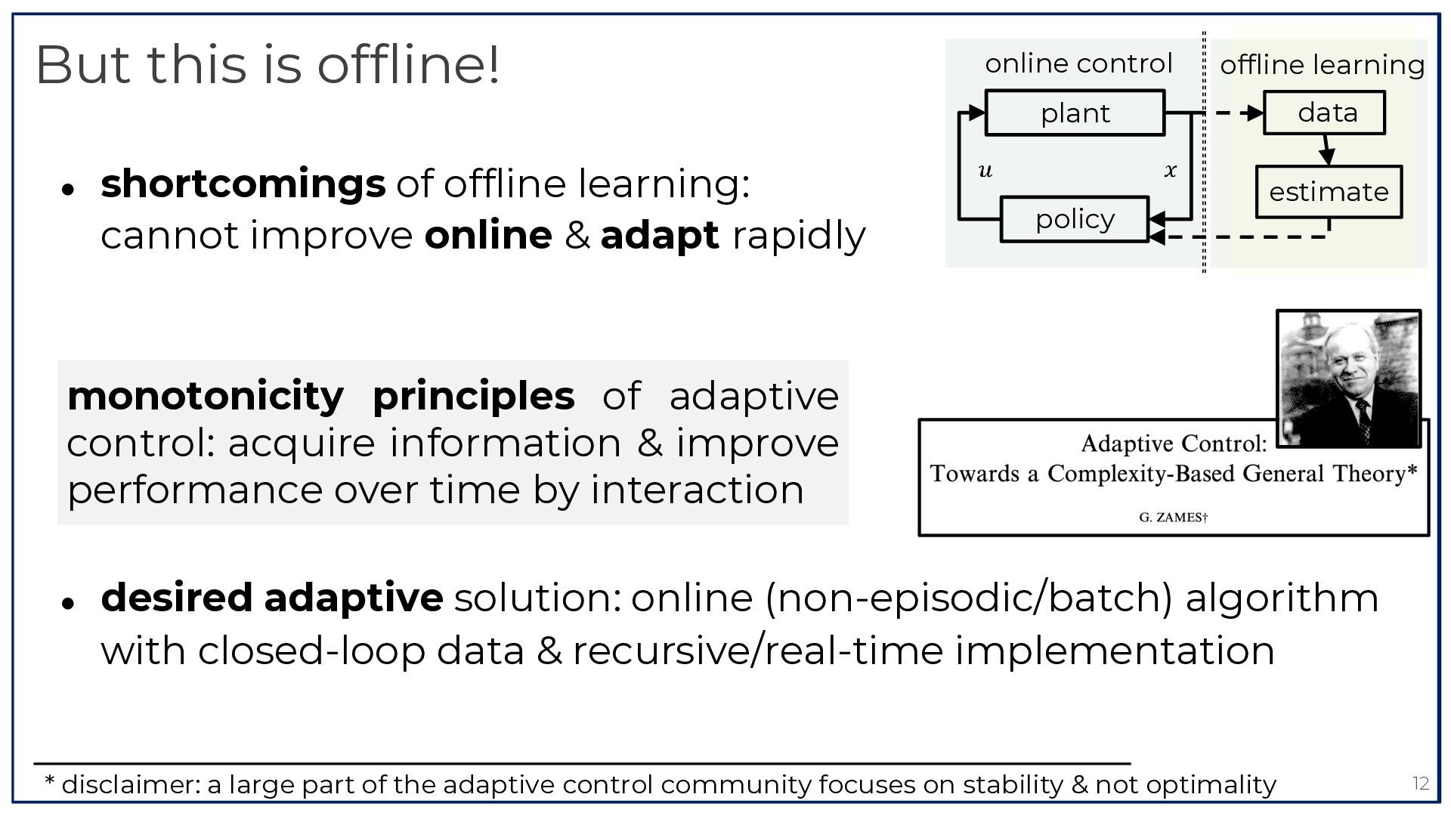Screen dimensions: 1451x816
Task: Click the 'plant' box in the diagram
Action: [x=1075, y=113]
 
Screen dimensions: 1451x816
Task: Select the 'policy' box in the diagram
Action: [x=1075, y=219]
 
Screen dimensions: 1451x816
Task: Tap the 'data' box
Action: [x=1325, y=113]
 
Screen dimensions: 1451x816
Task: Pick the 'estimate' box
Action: [x=1329, y=192]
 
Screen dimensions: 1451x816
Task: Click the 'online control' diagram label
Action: [x=1078, y=63]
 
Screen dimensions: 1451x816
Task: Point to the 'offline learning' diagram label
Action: [x=1322, y=65]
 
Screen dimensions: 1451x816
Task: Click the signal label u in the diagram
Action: [x=985, y=171]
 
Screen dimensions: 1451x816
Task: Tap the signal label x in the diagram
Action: [x=1171, y=171]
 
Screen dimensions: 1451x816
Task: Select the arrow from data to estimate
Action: [x=1326, y=150]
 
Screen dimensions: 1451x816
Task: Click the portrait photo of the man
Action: [x=1349, y=379]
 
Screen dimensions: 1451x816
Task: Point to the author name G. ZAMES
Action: [x=1173, y=518]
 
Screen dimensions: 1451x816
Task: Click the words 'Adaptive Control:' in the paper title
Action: [x=1174, y=443]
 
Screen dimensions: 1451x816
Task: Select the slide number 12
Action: [x=1421, y=784]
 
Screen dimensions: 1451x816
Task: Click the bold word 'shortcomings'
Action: [x=243, y=184]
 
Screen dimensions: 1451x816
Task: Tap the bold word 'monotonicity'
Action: [x=206, y=396]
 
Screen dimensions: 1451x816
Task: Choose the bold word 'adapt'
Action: [x=660, y=236]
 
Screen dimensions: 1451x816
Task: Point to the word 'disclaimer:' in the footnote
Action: [x=131, y=785]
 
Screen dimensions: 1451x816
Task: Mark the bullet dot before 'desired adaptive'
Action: [x=68, y=603]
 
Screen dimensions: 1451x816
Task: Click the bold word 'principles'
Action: [x=474, y=396]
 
